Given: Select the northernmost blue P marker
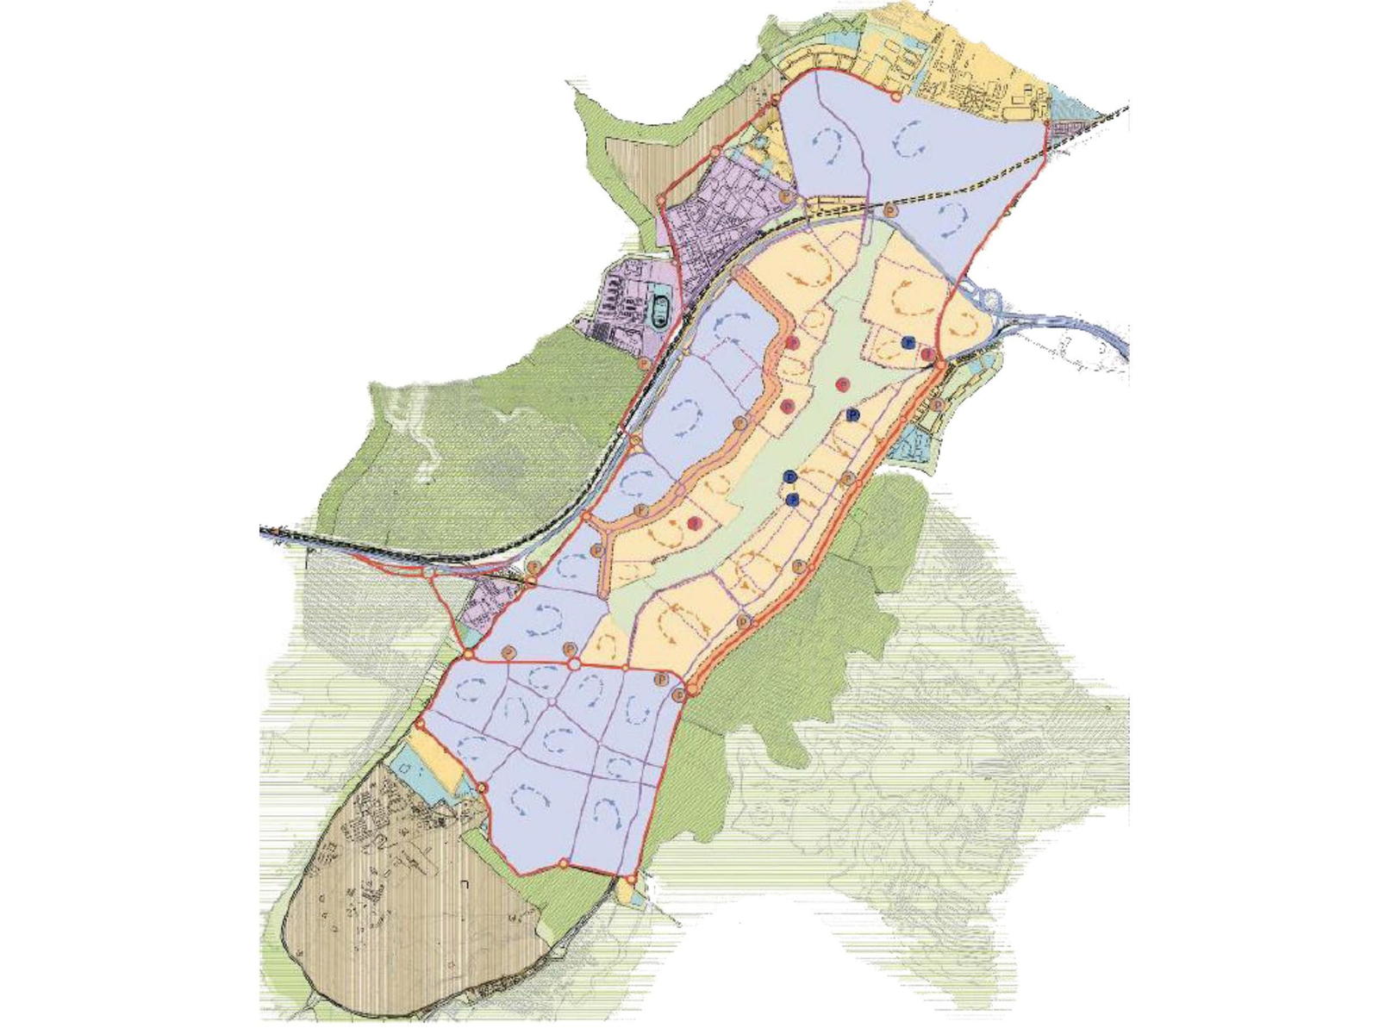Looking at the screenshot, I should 907,342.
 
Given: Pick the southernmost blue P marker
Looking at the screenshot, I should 794,499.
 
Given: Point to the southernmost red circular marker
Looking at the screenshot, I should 694,522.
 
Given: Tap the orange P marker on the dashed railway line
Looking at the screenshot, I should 890,209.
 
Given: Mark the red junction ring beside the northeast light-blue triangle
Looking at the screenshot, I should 1046,125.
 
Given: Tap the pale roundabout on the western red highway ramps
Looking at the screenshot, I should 428,571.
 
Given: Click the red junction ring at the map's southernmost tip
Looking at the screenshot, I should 632,879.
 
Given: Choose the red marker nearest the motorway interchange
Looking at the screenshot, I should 927,354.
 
